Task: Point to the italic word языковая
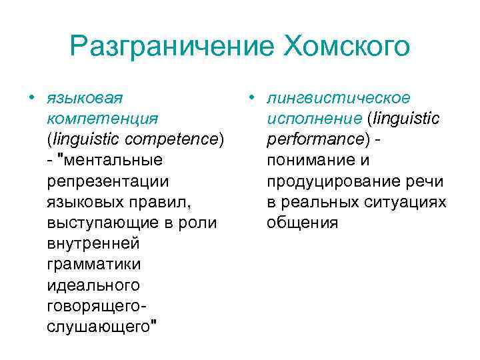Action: (x=85, y=98)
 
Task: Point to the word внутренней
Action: (x=93, y=243)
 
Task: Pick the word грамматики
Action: (x=94, y=264)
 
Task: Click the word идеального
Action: (x=93, y=285)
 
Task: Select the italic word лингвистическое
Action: (x=338, y=98)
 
